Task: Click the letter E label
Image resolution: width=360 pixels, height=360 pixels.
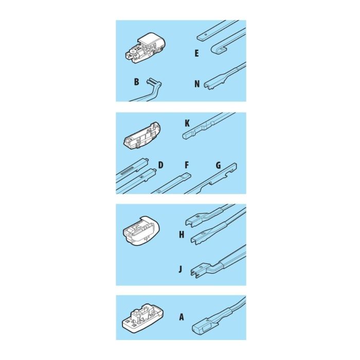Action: point(196,53)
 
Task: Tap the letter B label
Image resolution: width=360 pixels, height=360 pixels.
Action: point(136,81)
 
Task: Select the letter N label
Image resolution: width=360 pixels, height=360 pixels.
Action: point(197,84)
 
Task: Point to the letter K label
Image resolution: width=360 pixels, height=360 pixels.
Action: point(187,123)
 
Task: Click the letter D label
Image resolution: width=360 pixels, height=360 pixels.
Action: point(160,165)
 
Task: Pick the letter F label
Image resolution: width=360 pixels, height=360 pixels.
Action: point(186,165)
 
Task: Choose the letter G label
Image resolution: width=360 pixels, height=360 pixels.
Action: point(219,165)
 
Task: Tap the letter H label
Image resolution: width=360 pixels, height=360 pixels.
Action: point(182,235)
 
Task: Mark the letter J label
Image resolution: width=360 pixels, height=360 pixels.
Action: point(181,269)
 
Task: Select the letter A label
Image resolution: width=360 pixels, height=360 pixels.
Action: point(182,317)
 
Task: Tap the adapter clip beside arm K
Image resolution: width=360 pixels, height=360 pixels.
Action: point(142,135)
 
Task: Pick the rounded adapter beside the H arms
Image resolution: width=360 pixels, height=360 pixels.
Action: point(141,230)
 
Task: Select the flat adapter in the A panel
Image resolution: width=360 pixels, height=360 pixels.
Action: point(143,318)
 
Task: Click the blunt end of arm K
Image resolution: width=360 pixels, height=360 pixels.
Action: point(186,136)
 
